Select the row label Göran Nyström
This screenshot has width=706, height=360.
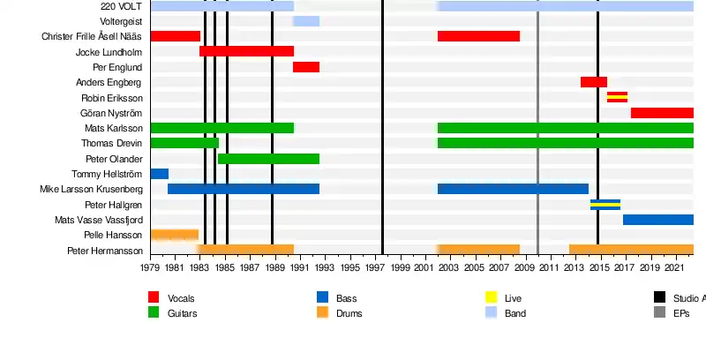110,113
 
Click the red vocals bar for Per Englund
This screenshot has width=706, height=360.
306,67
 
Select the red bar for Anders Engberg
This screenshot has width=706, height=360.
593,82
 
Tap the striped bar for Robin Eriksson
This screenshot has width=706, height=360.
617,97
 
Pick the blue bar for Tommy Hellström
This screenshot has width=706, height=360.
159,174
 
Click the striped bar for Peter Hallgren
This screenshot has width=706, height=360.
605,205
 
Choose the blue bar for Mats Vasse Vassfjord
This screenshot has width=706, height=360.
657,220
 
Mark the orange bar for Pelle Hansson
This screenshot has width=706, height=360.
174,235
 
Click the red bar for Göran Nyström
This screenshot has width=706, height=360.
662,113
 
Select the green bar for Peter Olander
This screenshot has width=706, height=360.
268,159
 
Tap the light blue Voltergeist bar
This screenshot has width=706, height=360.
306,21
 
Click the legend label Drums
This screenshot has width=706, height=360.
349,313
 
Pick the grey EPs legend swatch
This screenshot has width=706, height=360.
659,312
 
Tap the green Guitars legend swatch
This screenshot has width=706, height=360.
154,312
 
